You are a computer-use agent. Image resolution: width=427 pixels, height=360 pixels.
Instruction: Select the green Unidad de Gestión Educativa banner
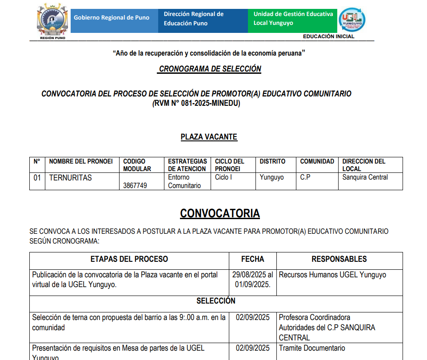click(x=292, y=19)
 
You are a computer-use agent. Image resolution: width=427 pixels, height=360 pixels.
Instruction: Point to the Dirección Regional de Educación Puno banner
click(x=203, y=19)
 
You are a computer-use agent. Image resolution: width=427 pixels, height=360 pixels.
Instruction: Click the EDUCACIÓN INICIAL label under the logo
click(x=328, y=36)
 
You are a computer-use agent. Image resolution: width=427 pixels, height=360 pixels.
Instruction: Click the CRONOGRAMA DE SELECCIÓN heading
click(x=210, y=69)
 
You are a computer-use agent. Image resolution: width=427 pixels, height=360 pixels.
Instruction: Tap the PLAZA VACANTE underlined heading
click(x=209, y=137)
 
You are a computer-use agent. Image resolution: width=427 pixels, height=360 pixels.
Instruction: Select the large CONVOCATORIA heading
click(x=219, y=213)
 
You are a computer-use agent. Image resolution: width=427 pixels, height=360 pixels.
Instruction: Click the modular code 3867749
click(x=135, y=185)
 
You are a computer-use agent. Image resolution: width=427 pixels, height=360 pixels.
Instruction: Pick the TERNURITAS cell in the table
click(x=70, y=178)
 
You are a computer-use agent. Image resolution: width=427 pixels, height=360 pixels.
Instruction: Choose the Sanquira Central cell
click(x=365, y=177)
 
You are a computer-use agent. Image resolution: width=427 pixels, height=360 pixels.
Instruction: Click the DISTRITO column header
click(x=272, y=161)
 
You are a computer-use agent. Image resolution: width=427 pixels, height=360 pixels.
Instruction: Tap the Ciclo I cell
click(x=223, y=177)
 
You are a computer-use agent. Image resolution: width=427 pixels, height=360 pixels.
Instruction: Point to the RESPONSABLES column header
click(x=339, y=259)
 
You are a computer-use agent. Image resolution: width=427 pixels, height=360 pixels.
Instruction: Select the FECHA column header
click(x=252, y=259)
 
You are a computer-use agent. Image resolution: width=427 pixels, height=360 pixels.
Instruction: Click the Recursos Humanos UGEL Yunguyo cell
click(x=332, y=275)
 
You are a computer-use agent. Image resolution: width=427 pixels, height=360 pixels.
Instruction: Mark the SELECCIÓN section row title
click(x=216, y=301)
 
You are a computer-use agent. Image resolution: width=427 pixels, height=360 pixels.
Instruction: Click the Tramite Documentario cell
click(x=312, y=348)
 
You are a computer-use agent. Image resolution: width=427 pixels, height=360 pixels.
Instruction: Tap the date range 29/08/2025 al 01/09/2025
click(x=252, y=280)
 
